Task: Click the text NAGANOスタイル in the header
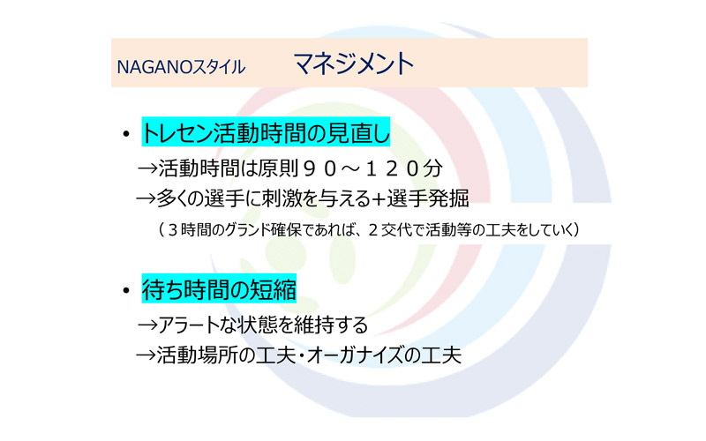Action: [181, 67]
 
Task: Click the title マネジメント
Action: [354, 64]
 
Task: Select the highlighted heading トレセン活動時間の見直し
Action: [266, 132]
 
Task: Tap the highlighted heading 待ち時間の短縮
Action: [219, 289]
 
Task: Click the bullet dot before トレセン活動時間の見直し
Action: [126, 134]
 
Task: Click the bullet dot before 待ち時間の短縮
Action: [126, 291]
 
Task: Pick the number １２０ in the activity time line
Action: [392, 168]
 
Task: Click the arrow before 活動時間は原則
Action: [147, 169]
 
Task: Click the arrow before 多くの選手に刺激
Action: [146, 198]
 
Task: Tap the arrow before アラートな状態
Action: [147, 325]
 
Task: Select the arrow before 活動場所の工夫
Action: [146, 355]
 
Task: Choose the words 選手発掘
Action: [428, 198]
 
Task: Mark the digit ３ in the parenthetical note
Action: [173, 230]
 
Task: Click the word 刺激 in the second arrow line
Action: [282, 198]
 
